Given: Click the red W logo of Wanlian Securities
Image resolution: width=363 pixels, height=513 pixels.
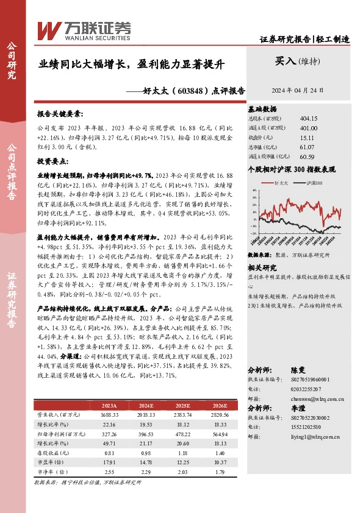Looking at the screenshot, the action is tap(50, 29).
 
